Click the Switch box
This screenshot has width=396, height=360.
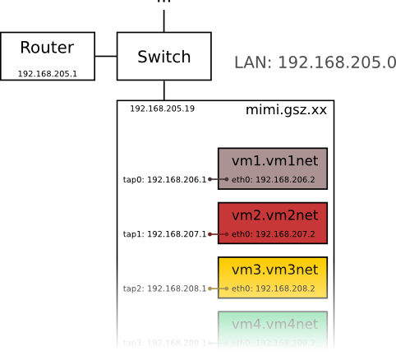(163, 57)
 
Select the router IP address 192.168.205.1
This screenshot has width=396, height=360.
(47, 74)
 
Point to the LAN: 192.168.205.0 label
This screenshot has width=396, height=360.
(315, 62)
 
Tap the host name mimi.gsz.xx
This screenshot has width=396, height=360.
(286, 110)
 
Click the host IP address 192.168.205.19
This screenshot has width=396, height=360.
(162, 108)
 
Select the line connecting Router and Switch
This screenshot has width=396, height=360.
(105, 56)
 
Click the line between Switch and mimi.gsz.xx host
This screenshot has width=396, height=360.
(163, 90)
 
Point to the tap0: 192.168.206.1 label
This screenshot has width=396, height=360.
(164, 179)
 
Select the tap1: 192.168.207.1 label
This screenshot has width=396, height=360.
(164, 234)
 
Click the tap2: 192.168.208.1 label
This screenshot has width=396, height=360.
(164, 288)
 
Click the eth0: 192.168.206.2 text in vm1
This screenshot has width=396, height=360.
(274, 179)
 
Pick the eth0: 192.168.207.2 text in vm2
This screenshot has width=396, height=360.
(274, 234)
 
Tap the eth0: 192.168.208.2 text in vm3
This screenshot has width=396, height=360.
(274, 288)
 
